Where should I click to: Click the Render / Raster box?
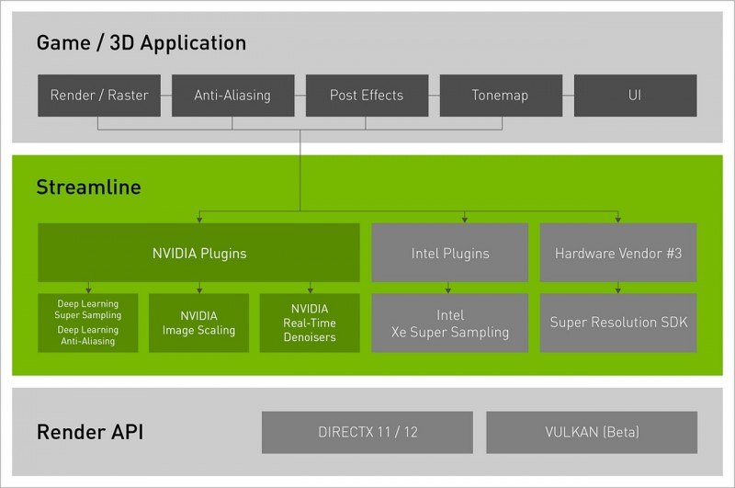[x=99, y=96]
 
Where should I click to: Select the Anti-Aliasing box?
[x=232, y=96]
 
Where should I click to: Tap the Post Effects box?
[x=367, y=96]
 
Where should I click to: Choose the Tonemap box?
[x=500, y=96]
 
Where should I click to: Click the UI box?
[x=635, y=96]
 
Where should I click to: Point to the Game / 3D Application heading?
[x=141, y=43]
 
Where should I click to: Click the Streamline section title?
[x=89, y=187]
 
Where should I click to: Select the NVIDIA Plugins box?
[x=198, y=252]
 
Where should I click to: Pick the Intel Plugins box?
[x=450, y=252]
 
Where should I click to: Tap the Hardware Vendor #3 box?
[x=618, y=252]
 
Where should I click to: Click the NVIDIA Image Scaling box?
[x=198, y=323]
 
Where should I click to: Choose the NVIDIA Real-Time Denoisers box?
[x=310, y=323]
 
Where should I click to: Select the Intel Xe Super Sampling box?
[x=450, y=323]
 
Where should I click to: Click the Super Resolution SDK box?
[x=618, y=323]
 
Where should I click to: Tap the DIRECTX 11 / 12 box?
[x=367, y=432]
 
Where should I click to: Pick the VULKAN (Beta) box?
[x=592, y=432]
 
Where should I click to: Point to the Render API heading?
[x=90, y=432]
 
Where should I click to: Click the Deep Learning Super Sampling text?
[x=87, y=308]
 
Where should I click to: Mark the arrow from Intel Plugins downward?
[x=450, y=287]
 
